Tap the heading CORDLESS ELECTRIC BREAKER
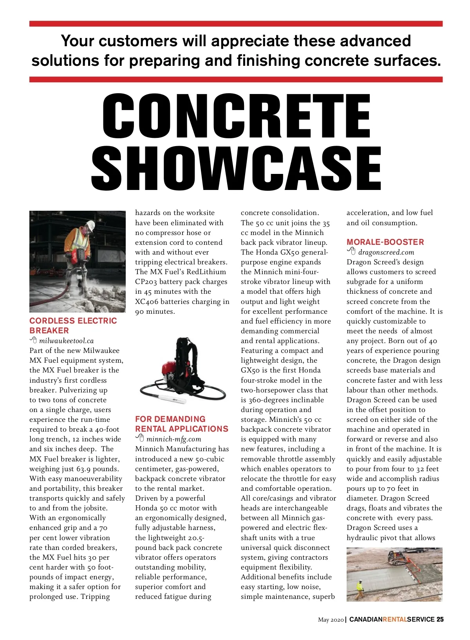[x=73, y=325]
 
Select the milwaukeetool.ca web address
[x=66, y=341]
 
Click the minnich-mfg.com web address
[x=174, y=439]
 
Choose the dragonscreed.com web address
[x=386, y=252]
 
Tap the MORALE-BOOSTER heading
[x=385, y=242]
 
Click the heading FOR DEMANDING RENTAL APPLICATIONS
[x=181, y=424]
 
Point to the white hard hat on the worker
[x=90, y=226]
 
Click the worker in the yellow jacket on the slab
[x=360, y=590]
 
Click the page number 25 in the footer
[x=440, y=619]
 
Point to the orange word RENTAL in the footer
[x=394, y=619]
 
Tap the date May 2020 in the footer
[x=331, y=620]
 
